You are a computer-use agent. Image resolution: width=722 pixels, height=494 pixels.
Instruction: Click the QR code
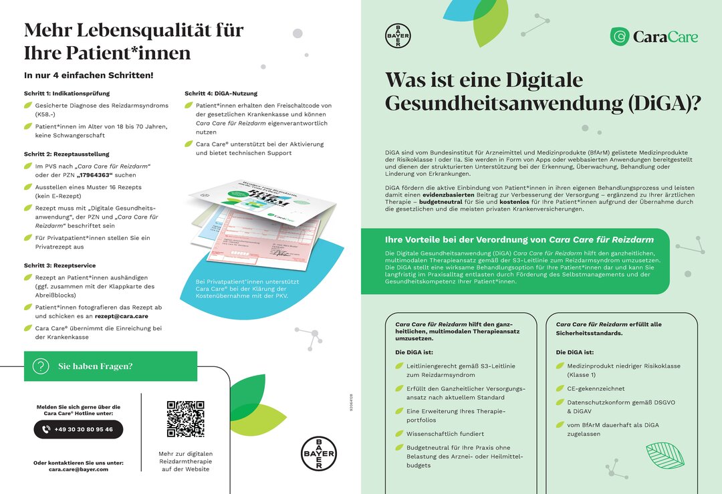tap(185, 418)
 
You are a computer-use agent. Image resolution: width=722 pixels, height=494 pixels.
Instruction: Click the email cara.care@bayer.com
tap(78, 469)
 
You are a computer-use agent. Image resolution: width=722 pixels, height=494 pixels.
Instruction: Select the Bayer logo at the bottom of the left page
tap(318, 454)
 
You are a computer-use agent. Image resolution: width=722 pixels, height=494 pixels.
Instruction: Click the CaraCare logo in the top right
tap(654, 37)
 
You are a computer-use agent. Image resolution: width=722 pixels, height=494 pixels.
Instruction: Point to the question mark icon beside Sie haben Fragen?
tap(41, 366)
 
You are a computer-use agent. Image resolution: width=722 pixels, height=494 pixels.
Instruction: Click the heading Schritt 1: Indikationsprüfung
tap(67, 93)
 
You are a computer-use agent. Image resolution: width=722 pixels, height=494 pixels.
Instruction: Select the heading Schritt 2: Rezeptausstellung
tap(67, 154)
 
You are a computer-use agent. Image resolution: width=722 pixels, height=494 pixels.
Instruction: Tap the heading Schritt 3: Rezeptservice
tap(60, 265)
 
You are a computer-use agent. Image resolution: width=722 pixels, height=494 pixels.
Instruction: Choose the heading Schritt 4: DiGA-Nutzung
tap(221, 93)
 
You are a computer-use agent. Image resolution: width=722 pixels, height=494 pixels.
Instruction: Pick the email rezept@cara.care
tap(122, 316)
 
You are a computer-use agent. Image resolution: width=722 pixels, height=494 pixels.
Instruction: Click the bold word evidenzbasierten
tap(449, 195)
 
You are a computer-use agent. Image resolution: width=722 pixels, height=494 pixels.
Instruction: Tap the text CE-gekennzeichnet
tap(596, 388)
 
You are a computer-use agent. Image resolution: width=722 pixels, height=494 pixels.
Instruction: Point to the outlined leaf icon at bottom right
tap(665, 455)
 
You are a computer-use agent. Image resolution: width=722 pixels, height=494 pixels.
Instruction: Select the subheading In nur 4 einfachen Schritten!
tap(88, 75)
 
